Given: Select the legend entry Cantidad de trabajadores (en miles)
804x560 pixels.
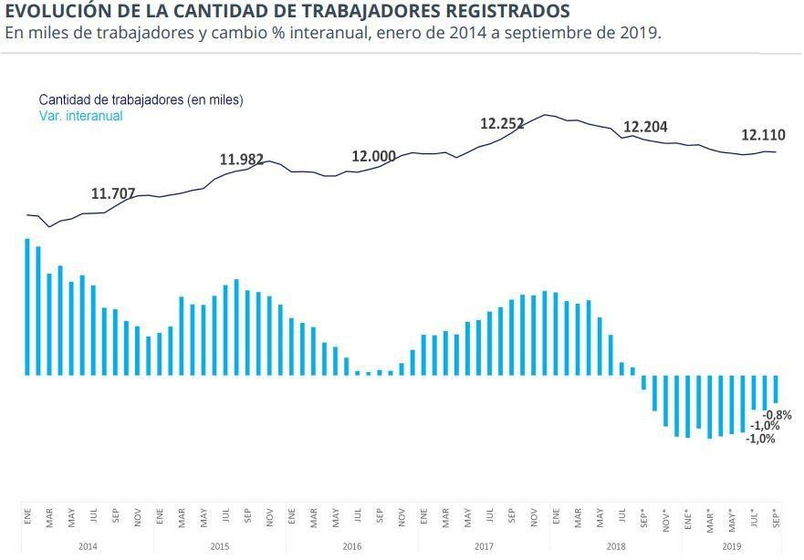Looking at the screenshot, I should point(141,99).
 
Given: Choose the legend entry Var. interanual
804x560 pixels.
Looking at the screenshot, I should point(80,116).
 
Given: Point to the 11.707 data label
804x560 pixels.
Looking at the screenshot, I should point(113,193).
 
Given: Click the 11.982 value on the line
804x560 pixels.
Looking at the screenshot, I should point(242,160).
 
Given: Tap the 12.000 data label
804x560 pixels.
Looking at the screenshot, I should point(374,156).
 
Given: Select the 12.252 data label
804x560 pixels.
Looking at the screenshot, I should point(503,124).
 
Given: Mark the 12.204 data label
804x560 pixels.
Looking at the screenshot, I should point(645,127).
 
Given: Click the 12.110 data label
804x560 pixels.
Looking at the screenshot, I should point(763,135).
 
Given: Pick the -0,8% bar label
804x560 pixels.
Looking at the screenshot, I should point(777,415).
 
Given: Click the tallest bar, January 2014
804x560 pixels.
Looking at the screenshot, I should point(27,306).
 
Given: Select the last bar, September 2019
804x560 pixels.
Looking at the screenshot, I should point(776,389).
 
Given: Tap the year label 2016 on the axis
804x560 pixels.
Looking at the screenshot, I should point(351,546).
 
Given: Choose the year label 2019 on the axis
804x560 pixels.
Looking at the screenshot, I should point(732,546).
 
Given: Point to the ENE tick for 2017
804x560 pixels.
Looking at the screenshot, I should point(423,515).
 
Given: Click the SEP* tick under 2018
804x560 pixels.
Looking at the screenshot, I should point(643,515).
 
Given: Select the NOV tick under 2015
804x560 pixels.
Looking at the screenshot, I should point(269,515).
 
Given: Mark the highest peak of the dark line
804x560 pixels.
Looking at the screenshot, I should point(546,115).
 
